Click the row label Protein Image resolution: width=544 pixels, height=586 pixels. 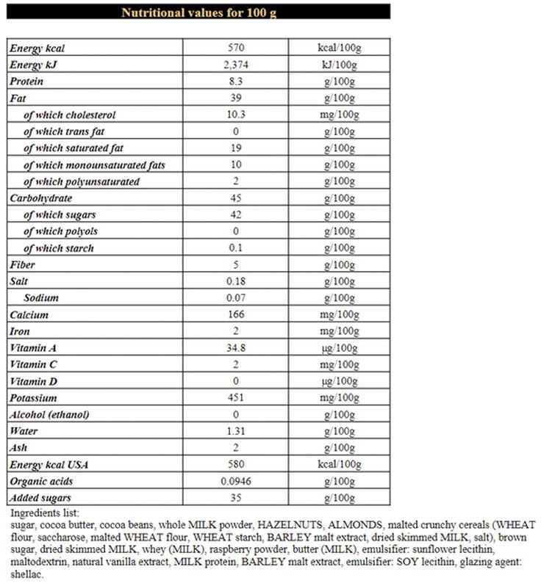point(26,82)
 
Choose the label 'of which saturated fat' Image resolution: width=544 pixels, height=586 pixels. point(74,148)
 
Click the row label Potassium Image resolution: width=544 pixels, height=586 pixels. point(33,398)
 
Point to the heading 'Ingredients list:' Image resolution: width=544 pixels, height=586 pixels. point(45,513)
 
